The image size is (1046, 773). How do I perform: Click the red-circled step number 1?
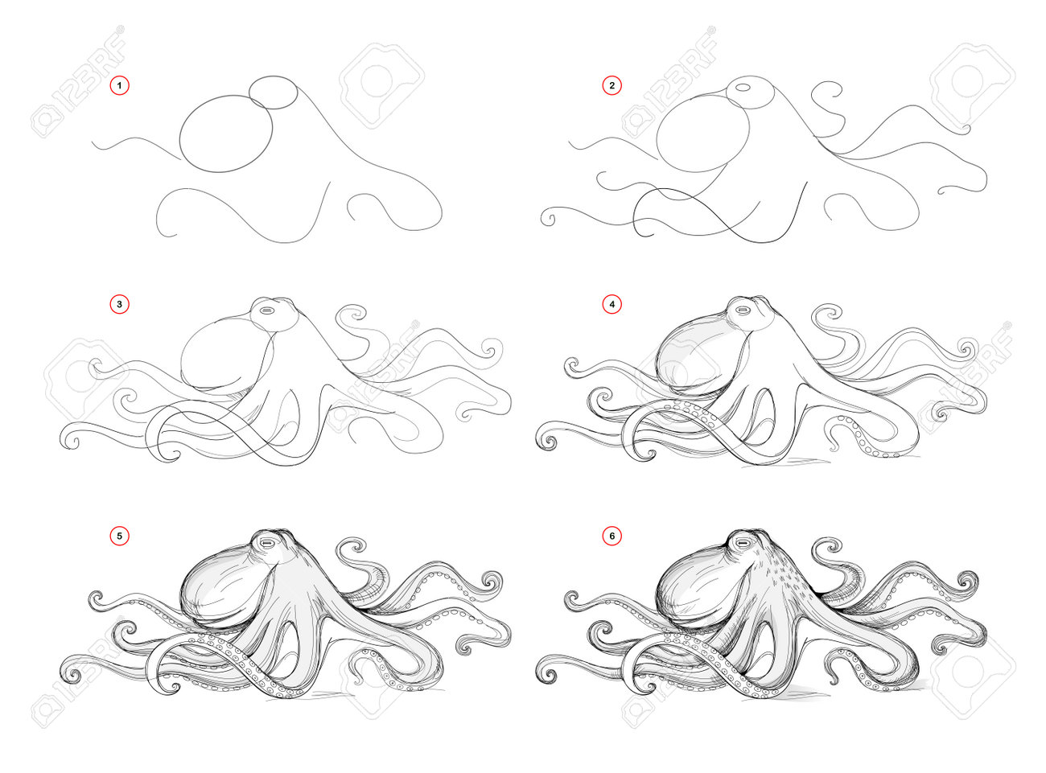[119, 85]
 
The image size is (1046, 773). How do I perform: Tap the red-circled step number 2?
[612, 85]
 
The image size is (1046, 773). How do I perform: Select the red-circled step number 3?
[119, 304]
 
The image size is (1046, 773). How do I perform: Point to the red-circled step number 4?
[612, 304]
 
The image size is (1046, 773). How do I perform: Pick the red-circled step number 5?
[119, 536]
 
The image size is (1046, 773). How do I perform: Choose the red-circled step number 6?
[612, 536]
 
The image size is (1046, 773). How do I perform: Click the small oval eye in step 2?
[743, 87]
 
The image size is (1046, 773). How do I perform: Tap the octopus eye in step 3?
[267, 310]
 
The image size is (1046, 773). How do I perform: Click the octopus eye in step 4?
[743, 310]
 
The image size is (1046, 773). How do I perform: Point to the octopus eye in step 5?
[267, 544]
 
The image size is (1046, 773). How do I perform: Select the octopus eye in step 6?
[743, 543]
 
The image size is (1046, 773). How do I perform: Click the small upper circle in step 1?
[273, 93]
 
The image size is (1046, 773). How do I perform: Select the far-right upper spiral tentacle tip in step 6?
[966, 582]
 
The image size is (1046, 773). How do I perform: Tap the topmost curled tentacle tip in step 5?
[355, 547]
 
